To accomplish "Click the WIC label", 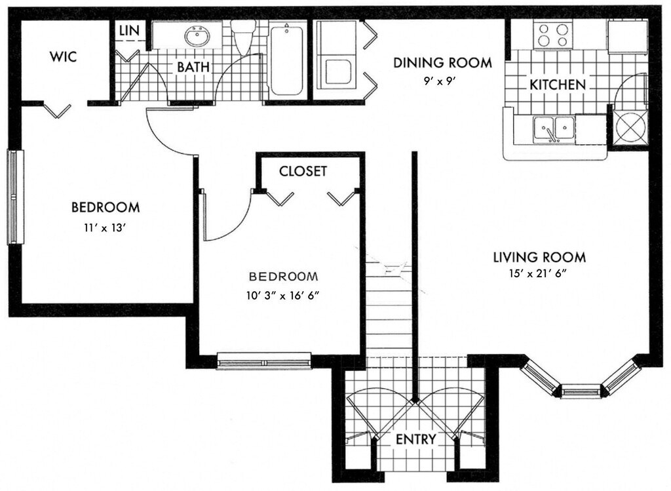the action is (64, 56).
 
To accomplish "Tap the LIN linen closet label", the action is (129, 30).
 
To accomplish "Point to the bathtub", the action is (287, 59).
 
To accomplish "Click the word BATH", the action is (193, 67).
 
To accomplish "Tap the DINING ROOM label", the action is (442, 63).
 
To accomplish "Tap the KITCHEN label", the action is (557, 85).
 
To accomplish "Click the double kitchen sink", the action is (554, 129).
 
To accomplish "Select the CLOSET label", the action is (303, 171).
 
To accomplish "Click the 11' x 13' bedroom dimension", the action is (105, 228).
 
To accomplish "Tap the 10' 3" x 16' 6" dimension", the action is (283, 296).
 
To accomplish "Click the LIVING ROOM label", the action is (540, 257).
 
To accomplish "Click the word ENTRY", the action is (416, 439).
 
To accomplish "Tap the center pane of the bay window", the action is (581, 391).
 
